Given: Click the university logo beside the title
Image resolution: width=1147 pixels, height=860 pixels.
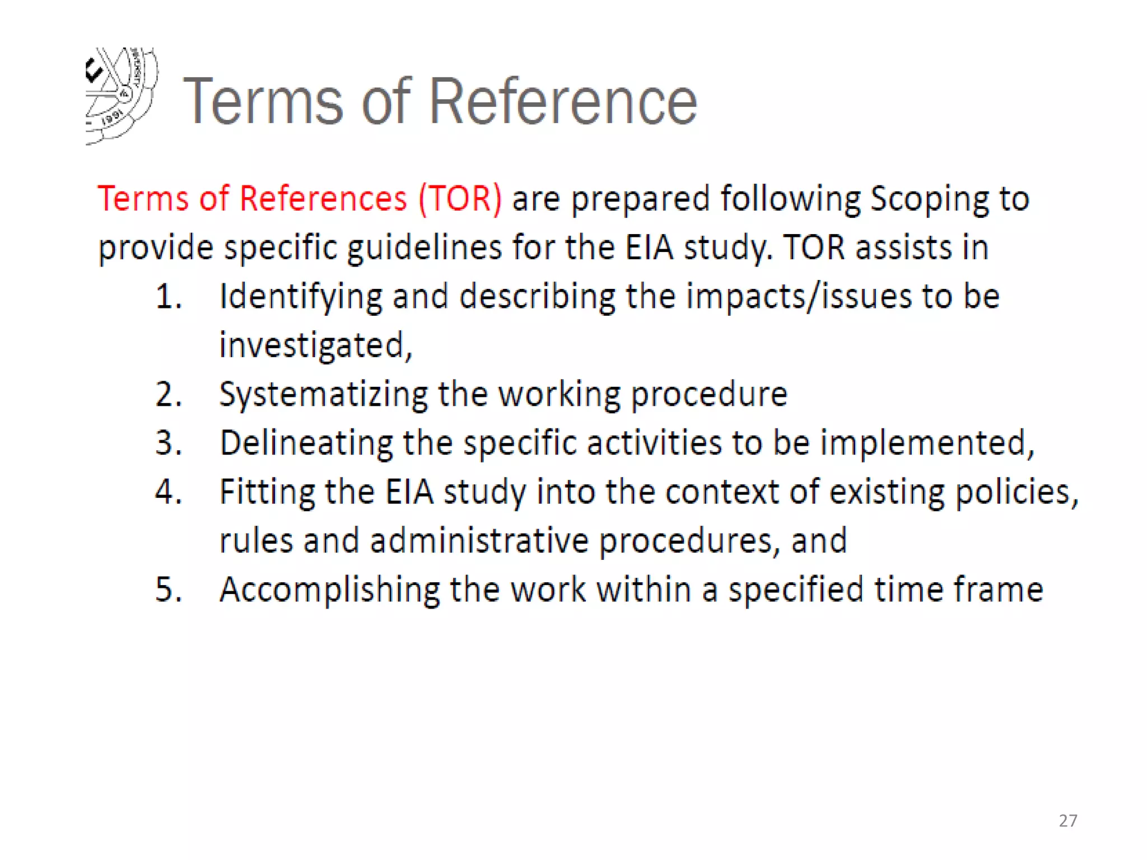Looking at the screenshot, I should (x=122, y=95).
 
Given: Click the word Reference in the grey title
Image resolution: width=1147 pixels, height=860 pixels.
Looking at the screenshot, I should (x=563, y=101).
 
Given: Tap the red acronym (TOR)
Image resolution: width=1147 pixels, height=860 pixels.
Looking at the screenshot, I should (x=460, y=199).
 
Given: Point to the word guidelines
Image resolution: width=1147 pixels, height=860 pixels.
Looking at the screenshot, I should (x=425, y=248).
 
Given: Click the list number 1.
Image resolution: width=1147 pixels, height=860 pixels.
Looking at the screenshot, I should (x=168, y=297).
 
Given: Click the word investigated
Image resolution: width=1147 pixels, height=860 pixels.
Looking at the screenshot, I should (x=315, y=345).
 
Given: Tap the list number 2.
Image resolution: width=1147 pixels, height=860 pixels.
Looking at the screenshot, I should (x=168, y=394).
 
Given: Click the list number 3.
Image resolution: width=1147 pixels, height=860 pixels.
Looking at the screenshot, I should (x=168, y=443).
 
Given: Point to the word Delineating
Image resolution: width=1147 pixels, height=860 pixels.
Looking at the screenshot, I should (x=306, y=443).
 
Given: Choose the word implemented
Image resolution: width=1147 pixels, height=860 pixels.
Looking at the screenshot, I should (x=926, y=443).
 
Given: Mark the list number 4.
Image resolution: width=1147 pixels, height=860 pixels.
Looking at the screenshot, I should (x=168, y=492).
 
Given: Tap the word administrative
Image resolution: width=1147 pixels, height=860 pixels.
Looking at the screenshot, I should (x=479, y=541).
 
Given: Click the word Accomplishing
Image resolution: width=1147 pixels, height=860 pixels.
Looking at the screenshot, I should (x=329, y=591).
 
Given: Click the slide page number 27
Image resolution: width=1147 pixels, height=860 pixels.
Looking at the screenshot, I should (x=1068, y=820).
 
